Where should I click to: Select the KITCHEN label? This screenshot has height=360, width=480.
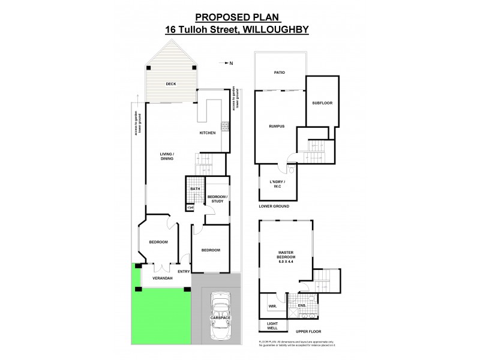point(208,133)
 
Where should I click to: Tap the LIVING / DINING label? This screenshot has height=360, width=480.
point(167,157)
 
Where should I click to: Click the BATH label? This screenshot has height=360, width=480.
point(195,190)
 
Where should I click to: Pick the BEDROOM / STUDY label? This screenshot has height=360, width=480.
point(217,199)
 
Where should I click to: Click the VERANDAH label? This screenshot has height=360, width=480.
point(162,279)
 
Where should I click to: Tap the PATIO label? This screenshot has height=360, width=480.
point(279,73)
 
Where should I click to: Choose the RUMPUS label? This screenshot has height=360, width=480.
point(276,126)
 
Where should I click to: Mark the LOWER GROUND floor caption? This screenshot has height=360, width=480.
point(274,206)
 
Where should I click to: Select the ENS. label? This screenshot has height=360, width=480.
point(302,306)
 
